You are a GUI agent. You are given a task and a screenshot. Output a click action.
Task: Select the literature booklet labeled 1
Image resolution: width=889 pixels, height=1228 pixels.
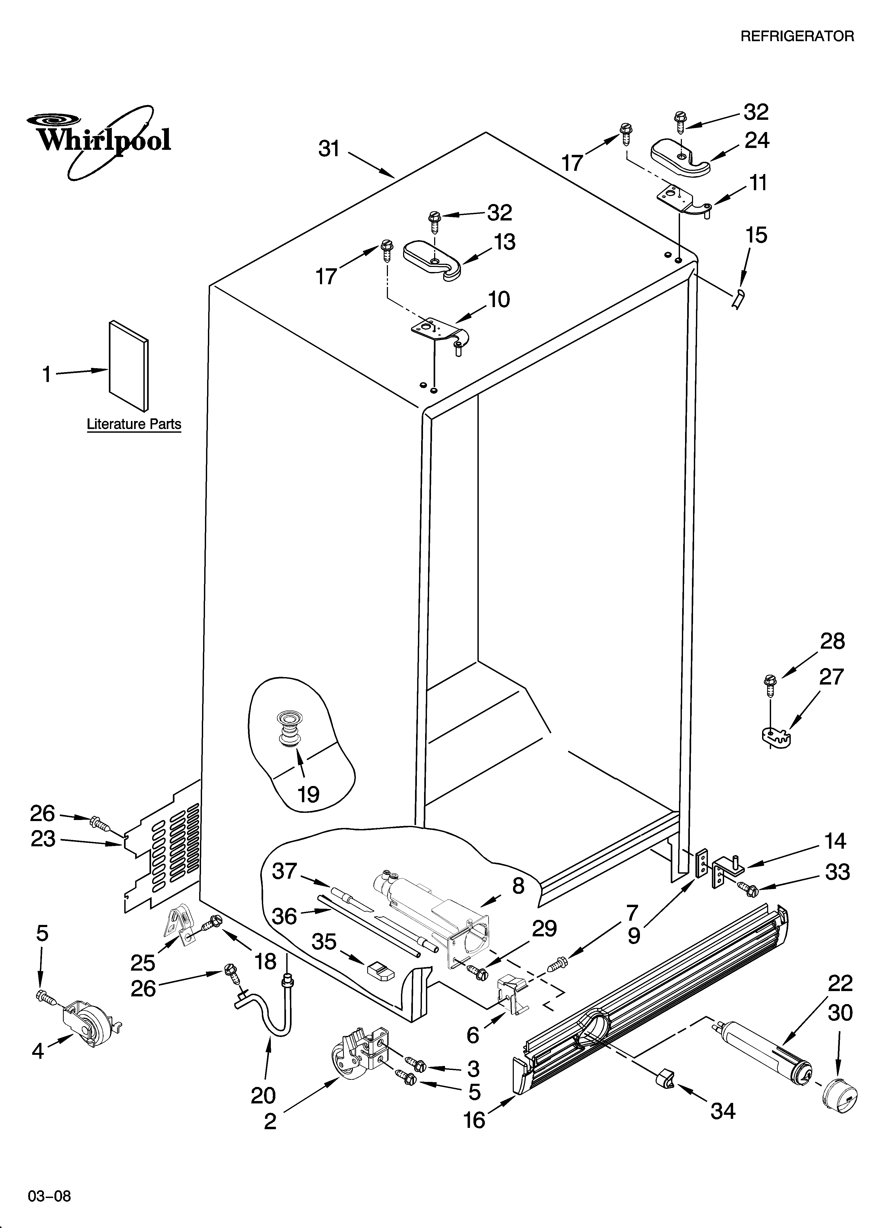coord(128,366)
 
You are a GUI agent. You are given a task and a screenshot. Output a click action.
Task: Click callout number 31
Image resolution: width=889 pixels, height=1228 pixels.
coord(329,148)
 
